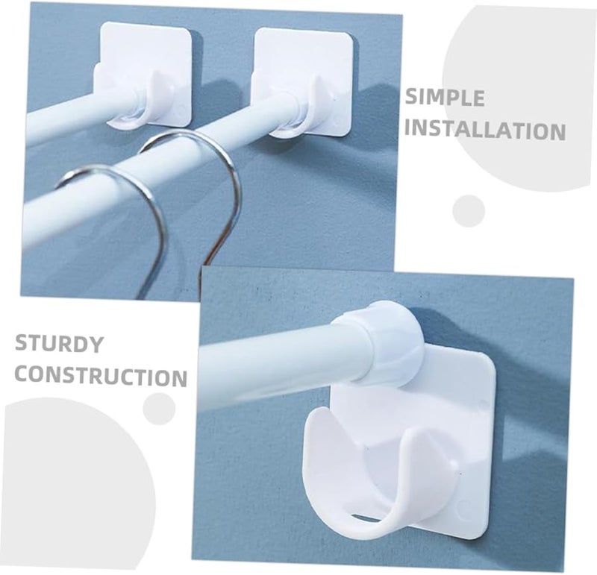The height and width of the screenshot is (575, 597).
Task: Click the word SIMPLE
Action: coord(445,98)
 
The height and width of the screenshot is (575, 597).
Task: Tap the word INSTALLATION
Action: coord(484,131)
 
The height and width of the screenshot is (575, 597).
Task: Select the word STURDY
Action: coord(59,345)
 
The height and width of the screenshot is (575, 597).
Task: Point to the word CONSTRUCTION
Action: coord(101,375)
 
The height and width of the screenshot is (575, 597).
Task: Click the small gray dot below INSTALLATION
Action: coord(469,210)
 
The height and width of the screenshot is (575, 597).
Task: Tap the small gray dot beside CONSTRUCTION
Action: coord(159,409)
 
